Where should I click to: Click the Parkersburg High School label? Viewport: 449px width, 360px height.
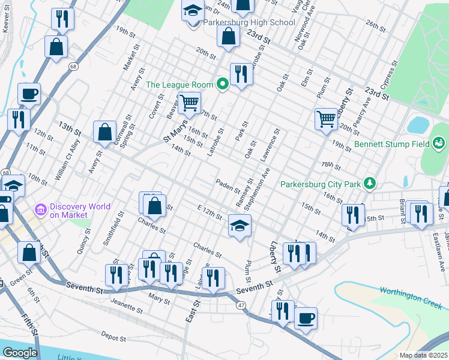249,23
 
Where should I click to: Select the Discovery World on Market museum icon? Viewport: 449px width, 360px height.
41,210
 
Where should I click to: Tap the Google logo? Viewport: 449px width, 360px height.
20,353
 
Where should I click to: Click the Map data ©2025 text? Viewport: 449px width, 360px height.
423,355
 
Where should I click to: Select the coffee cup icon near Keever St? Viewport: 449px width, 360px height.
29,94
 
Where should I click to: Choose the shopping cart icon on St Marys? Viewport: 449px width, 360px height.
189,103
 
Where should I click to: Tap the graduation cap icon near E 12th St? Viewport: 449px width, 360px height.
240,226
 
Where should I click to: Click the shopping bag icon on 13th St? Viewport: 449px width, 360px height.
105,131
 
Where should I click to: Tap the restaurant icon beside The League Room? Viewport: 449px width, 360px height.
241,74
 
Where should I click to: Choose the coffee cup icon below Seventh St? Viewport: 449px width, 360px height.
306,318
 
